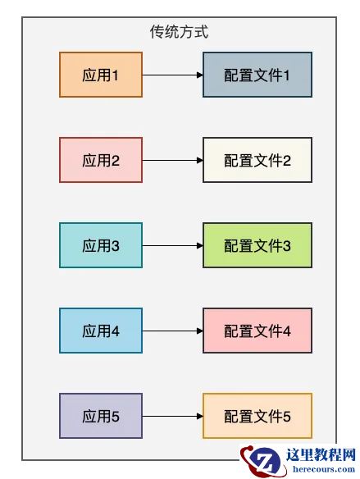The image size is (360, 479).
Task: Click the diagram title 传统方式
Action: (x=180, y=32)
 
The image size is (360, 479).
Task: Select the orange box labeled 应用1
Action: (x=101, y=75)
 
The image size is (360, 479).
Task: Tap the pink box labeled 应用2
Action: (x=101, y=160)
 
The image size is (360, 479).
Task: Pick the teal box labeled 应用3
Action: (x=101, y=245)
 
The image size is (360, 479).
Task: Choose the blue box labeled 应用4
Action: (x=101, y=331)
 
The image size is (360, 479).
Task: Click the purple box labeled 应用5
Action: (x=101, y=416)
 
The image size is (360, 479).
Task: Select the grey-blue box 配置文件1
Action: (x=257, y=75)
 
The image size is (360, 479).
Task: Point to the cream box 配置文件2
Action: (x=257, y=160)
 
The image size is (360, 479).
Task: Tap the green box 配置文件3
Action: (x=257, y=245)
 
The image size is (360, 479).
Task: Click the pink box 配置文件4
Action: (x=257, y=331)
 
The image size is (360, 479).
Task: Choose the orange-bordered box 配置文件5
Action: (x=257, y=416)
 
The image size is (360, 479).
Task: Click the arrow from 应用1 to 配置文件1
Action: (x=172, y=75)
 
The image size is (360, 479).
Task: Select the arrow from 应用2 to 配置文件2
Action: (x=172, y=160)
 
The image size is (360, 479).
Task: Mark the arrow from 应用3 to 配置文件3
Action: (x=172, y=245)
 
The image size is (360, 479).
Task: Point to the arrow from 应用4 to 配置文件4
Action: (x=172, y=331)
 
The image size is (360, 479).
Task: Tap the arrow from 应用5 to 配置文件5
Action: (x=172, y=416)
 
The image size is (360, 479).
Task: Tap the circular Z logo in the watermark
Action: (x=265, y=461)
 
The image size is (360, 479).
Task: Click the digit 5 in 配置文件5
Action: (x=287, y=417)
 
